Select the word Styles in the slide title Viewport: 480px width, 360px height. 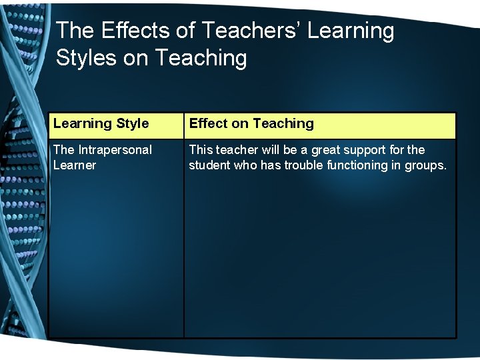tap(84, 58)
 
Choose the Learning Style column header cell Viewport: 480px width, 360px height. tap(116, 125)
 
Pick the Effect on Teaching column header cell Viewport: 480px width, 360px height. tap(319, 125)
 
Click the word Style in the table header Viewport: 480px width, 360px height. tap(132, 123)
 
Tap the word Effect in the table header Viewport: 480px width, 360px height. tap(208, 123)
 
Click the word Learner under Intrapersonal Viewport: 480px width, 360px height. tap(75, 165)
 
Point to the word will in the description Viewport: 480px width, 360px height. tap(270, 150)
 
